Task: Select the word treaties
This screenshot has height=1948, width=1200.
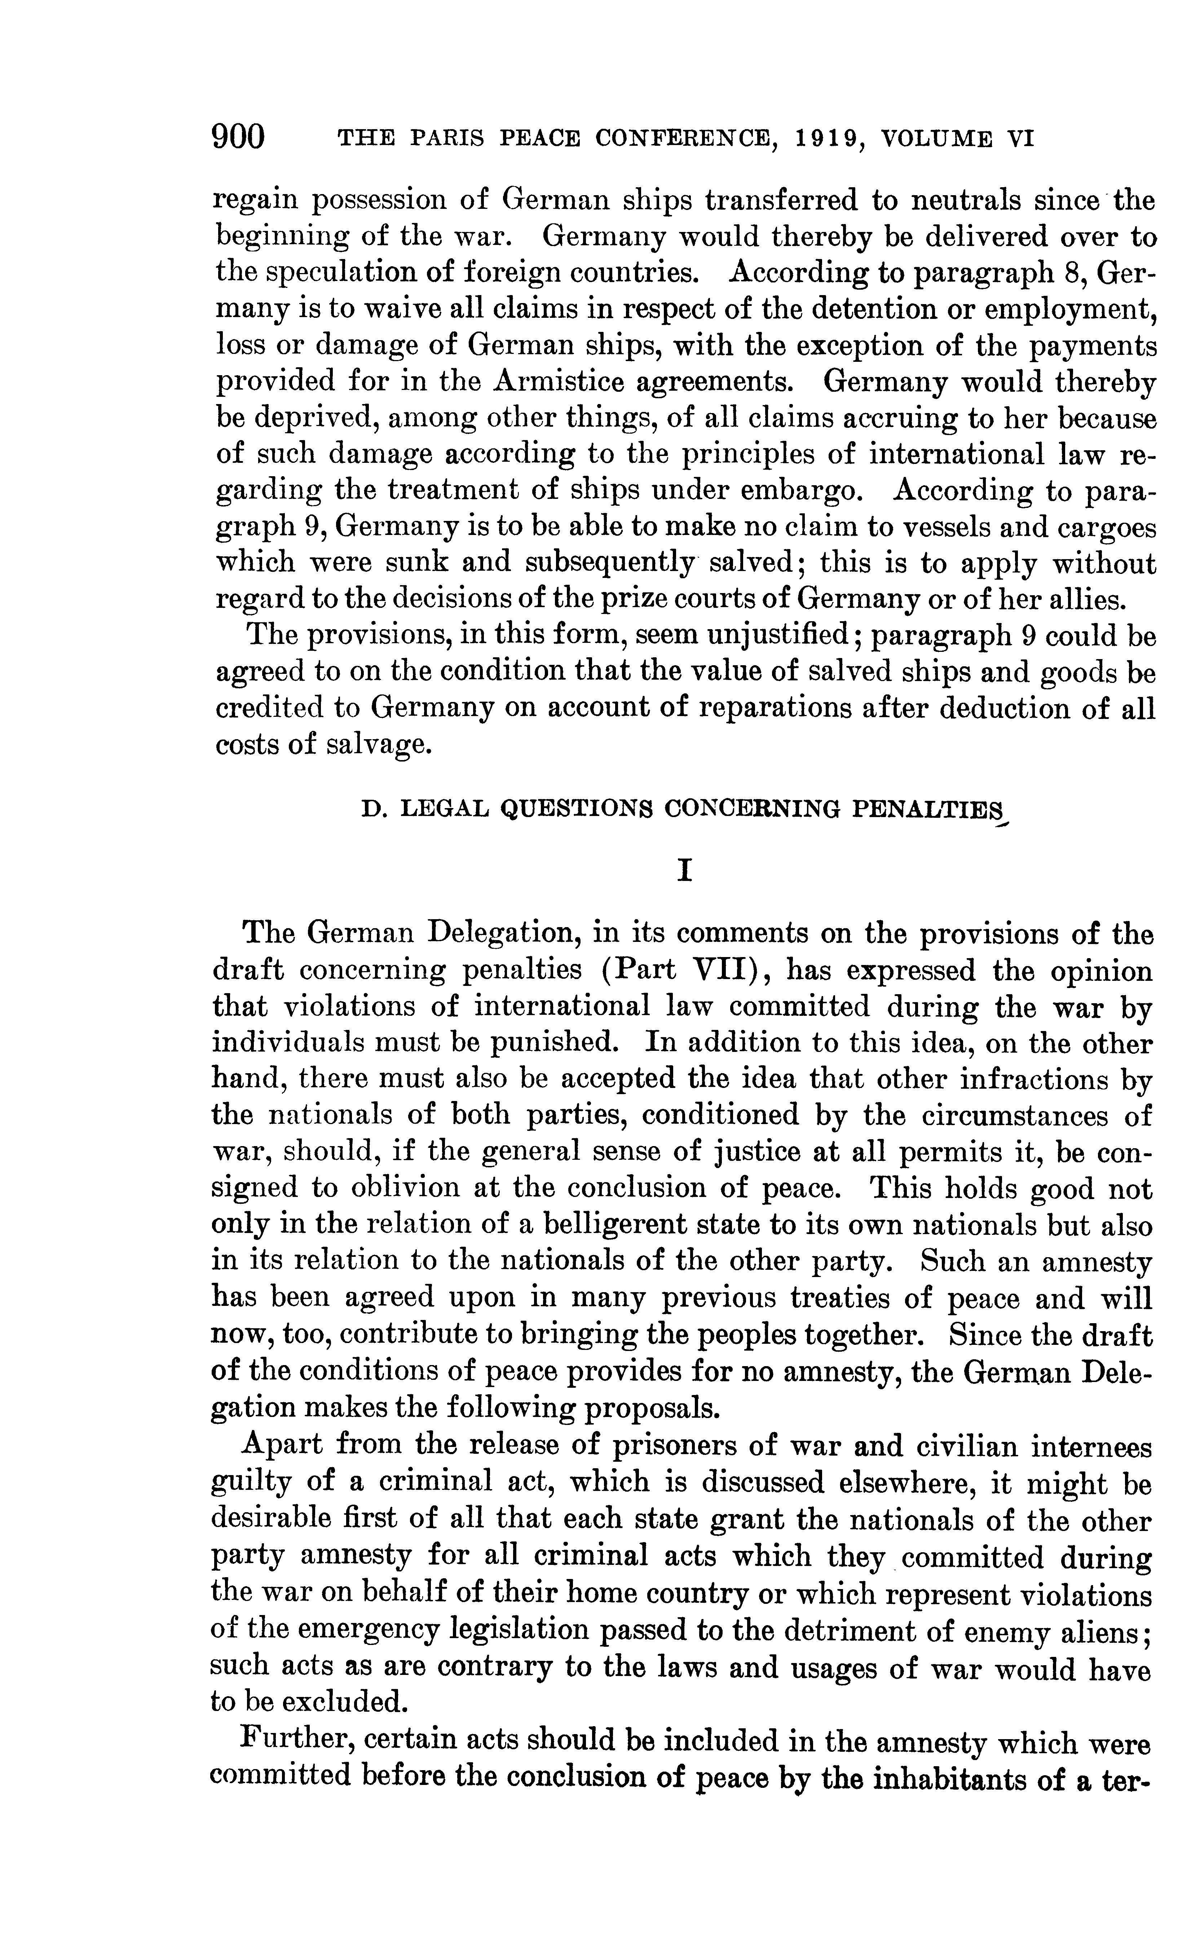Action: (x=839, y=1297)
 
